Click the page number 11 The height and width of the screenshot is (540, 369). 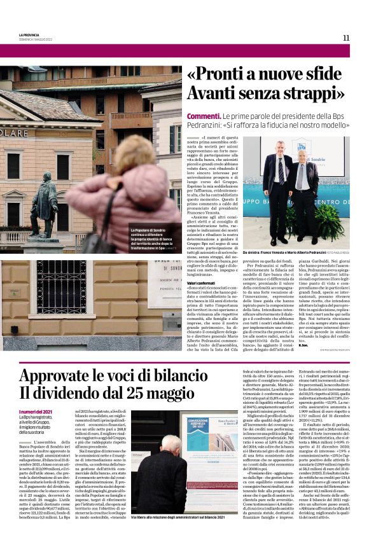coord(346,38)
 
